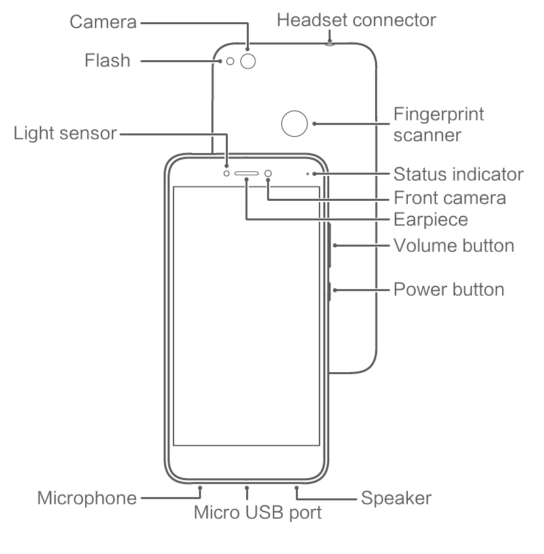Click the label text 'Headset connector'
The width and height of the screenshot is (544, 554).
[x=356, y=20]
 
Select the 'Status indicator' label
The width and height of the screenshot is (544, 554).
[x=458, y=174]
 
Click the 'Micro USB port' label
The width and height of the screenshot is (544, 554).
[x=258, y=513]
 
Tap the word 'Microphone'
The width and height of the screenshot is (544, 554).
[x=87, y=498]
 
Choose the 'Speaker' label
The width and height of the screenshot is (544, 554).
[x=396, y=498]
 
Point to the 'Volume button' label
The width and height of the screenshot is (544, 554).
[x=454, y=245]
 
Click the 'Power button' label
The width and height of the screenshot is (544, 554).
[x=449, y=289]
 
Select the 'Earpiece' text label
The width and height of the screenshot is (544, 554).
[x=431, y=220]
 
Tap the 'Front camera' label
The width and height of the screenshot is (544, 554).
[x=450, y=198]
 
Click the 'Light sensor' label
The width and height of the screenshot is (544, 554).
[x=65, y=133]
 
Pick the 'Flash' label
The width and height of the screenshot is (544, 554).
[x=107, y=60]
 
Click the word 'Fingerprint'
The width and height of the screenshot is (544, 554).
[x=439, y=114]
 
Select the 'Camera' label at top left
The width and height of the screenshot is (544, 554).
[x=103, y=22]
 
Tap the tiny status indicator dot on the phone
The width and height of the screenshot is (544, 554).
[x=308, y=174]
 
